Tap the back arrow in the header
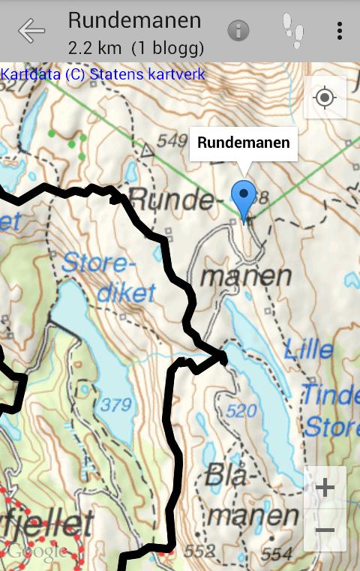pos(31,31)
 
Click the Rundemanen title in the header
pos(134,20)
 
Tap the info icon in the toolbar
pos(238,31)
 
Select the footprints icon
pos(293,31)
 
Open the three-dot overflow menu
pos(340,31)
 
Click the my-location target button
pos(325,98)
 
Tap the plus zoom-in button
pos(325,488)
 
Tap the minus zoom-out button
pos(325,530)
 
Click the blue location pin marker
pos(244,199)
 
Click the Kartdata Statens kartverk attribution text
pos(103,74)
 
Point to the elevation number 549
pos(172,140)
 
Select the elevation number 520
pos(241,411)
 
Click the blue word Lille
pos(309,349)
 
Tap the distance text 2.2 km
pos(95,48)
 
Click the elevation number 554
pos(277,553)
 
